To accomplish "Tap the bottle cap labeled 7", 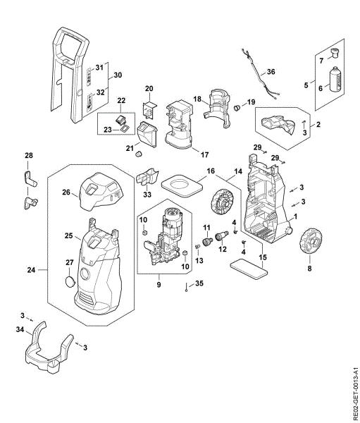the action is [x=335, y=53].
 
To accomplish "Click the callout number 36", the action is [x=271, y=72].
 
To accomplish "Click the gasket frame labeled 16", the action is [x=182, y=185].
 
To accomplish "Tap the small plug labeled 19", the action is [x=237, y=107].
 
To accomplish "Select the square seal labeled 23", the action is [x=125, y=128].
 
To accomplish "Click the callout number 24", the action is [x=31, y=269].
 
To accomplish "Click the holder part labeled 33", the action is [x=147, y=176].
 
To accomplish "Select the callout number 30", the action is [x=118, y=75].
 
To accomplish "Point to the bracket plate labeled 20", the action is [x=149, y=110].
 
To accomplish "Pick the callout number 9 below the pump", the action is [x=159, y=284].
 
